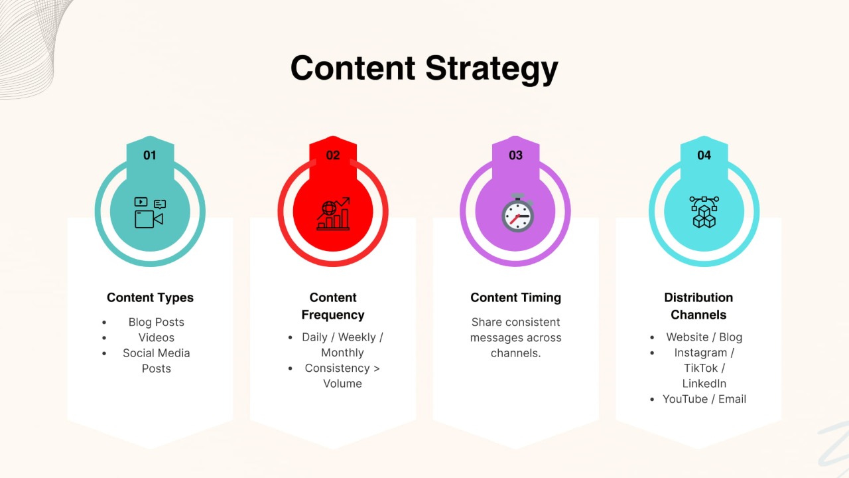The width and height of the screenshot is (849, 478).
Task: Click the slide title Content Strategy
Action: tap(424, 68)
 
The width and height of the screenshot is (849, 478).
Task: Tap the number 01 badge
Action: tap(150, 155)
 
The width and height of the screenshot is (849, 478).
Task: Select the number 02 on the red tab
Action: tap(333, 155)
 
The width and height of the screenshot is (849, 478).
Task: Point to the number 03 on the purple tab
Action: tap(515, 155)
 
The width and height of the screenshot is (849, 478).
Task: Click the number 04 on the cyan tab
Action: tap(704, 155)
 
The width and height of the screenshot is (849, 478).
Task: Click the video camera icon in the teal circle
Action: tap(149, 213)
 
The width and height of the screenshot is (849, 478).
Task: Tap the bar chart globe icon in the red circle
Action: tap(333, 213)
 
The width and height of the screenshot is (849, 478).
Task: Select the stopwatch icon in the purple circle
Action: tap(516, 213)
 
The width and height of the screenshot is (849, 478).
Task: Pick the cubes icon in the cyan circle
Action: tap(704, 212)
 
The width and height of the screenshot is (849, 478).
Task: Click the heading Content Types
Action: tap(150, 297)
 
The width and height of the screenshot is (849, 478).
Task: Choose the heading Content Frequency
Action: tap(333, 306)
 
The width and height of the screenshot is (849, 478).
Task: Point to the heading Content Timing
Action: tap(515, 297)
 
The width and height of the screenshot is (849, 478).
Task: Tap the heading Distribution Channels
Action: tap(698, 306)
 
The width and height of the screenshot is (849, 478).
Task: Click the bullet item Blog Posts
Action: tap(157, 322)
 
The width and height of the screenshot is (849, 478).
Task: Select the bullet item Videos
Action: tap(157, 337)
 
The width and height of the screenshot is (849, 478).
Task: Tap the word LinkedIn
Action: tap(704, 383)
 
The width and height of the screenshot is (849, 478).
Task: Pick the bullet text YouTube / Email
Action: tap(704, 399)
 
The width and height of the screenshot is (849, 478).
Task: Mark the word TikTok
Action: tap(700, 368)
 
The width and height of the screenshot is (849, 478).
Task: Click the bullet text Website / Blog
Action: tap(704, 337)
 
